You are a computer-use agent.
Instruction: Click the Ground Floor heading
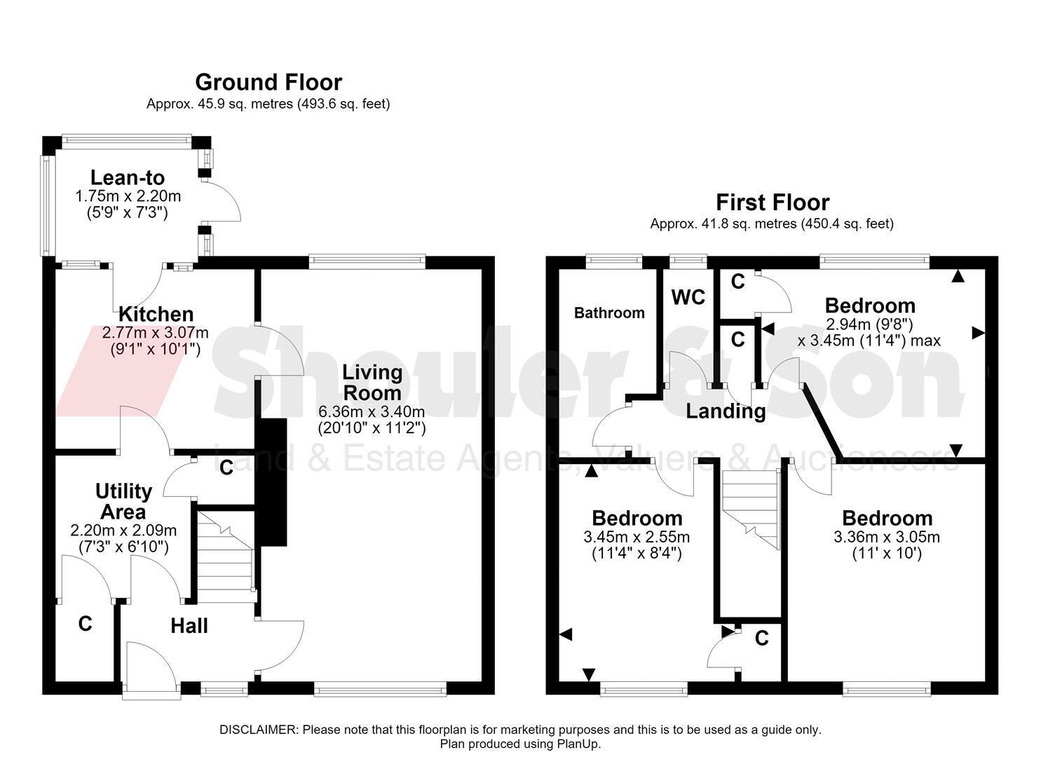click(x=268, y=83)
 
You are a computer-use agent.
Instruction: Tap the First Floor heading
click(x=773, y=203)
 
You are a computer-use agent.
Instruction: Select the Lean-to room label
click(x=128, y=178)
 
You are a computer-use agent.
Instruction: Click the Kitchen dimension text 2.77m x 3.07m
click(x=155, y=333)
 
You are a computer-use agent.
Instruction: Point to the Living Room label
click(x=372, y=383)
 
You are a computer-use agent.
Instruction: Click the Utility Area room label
click(x=123, y=502)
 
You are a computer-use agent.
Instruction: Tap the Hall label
click(x=189, y=627)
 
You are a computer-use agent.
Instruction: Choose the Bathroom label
click(x=609, y=313)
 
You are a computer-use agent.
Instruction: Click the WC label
click(x=688, y=297)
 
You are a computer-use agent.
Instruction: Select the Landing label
click(x=726, y=411)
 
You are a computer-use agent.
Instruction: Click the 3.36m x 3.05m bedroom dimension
click(x=887, y=537)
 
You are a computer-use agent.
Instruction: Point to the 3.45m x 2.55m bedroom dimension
click(x=637, y=537)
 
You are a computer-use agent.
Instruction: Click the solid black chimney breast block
click(x=272, y=482)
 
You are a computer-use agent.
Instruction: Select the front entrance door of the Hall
click(x=151, y=669)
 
